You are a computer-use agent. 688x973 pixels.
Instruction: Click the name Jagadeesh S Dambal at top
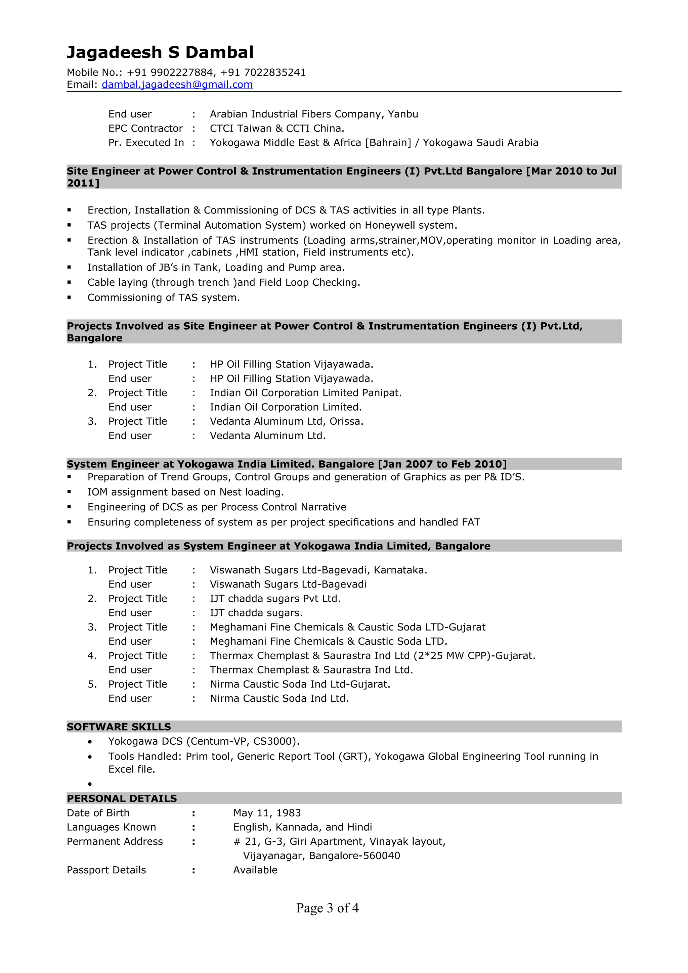coord(160,53)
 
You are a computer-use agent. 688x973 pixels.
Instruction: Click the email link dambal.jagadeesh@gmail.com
coord(177,85)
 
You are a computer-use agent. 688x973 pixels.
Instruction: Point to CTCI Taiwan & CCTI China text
coord(277,128)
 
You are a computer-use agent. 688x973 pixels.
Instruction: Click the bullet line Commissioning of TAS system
coord(164,297)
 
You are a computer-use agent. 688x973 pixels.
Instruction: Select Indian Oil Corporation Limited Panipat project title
coord(305,393)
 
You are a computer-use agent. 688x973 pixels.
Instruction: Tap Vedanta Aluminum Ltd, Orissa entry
coord(286,421)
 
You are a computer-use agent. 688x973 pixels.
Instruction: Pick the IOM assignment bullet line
coord(185,492)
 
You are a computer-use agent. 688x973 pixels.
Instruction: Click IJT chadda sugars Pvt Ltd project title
coord(275,598)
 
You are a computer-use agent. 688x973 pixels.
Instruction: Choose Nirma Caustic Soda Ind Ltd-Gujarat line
coord(300,684)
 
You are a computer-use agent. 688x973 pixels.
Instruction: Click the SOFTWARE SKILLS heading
coord(119,727)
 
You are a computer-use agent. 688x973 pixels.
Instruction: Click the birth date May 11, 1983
coord(267,813)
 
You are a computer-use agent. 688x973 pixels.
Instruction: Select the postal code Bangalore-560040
coord(354,855)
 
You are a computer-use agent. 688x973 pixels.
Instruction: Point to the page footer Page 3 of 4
coord(327,908)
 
